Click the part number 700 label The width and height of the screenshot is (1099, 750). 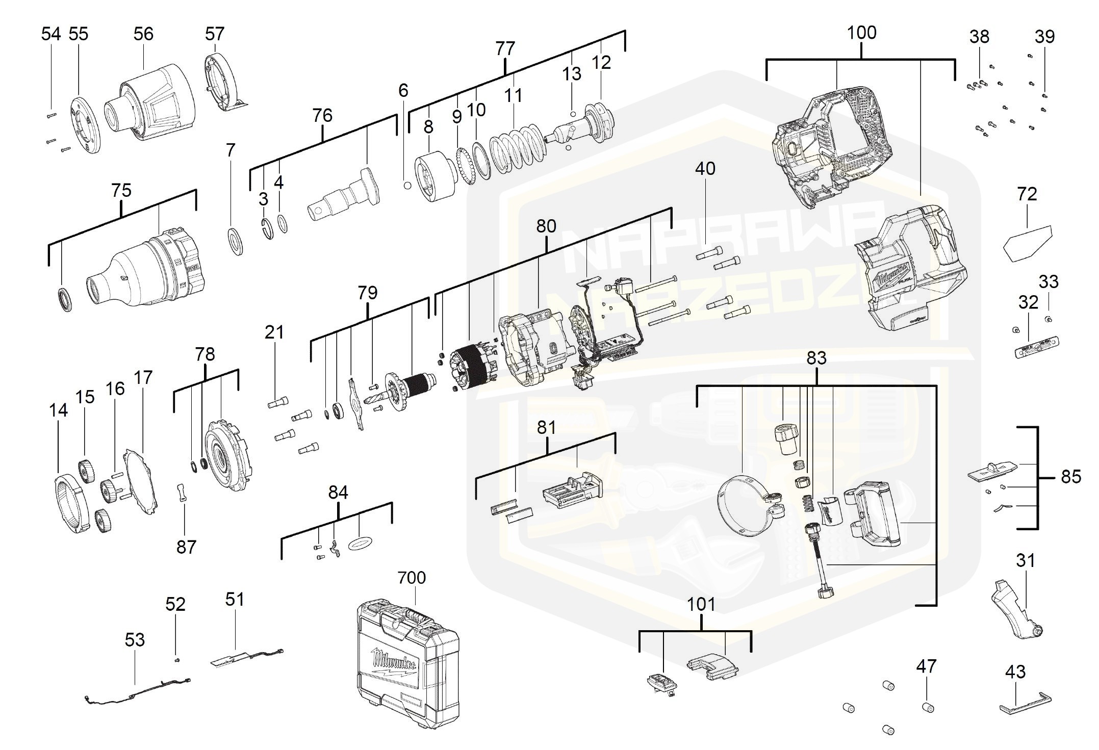click(411, 578)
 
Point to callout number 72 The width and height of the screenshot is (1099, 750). click(1027, 194)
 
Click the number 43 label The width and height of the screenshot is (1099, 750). click(1015, 672)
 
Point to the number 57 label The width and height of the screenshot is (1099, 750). click(215, 34)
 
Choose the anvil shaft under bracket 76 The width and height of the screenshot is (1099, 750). click(347, 196)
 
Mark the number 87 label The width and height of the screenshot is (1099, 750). click(186, 547)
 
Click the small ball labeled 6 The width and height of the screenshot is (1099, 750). click(407, 185)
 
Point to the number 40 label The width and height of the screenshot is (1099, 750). click(705, 169)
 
